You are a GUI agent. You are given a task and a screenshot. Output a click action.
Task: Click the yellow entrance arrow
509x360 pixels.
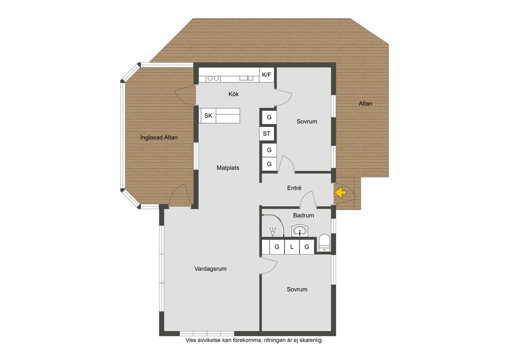[x=340, y=193]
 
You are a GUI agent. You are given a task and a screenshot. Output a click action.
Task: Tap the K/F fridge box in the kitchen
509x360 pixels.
[x=266, y=75]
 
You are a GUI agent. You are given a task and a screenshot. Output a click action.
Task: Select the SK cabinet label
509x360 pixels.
[x=208, y=115]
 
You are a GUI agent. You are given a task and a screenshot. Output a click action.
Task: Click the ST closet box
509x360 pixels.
[x=267, y=133]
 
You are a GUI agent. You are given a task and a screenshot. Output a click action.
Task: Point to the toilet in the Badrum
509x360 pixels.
[x=324, y=243]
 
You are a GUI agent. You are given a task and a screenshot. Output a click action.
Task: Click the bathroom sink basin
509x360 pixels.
[x=300, y=231]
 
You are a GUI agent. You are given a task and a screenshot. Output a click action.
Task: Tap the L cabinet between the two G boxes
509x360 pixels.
[x=292, y=247]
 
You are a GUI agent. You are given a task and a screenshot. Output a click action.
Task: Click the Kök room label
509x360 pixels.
[x=234, y=94]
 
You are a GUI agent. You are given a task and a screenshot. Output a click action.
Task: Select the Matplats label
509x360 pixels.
[x=228, y=168]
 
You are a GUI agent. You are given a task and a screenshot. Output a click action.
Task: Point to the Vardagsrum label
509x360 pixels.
[x=210, y=269]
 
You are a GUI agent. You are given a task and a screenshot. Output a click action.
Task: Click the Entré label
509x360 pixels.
[x=294, y=188]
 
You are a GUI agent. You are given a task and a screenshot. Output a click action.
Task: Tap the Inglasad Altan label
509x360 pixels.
[x=159, y=138]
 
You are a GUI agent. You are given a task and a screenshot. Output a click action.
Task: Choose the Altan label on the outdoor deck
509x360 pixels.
[x=365, y=103]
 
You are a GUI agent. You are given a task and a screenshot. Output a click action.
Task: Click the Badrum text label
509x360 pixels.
[x=304, y=215]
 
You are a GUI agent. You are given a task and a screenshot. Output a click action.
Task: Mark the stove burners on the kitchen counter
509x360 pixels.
[x=213, y=78]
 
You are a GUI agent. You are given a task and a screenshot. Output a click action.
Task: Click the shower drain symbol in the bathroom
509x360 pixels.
[x=273, y=232]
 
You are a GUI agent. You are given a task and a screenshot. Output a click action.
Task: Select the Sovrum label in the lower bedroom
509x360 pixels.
[x=297, y=289]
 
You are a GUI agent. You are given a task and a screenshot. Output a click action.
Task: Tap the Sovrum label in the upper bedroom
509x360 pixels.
[x=307, y=121]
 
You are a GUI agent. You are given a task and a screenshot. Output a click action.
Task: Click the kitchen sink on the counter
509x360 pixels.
[x=247, y=78]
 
